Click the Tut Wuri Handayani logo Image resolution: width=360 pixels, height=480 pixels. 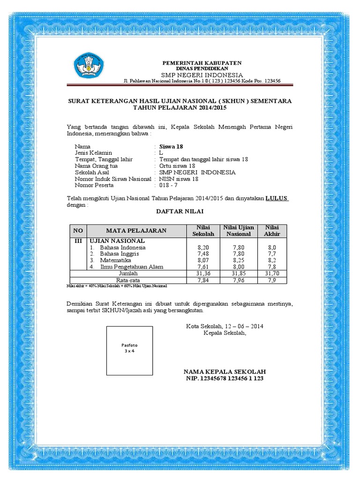coord(89,66)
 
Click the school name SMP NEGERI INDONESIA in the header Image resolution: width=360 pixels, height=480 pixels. coord(202,75)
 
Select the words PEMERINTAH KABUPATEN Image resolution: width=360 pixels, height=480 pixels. coord(202,63)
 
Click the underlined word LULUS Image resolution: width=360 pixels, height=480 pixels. coord(277,198)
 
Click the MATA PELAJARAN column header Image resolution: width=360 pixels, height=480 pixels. coord(136,231)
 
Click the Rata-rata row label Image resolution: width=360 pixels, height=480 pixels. coord(128,280)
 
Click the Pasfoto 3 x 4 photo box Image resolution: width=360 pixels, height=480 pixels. coord(130,351)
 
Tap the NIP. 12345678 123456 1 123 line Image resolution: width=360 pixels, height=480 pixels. coord(225,378)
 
